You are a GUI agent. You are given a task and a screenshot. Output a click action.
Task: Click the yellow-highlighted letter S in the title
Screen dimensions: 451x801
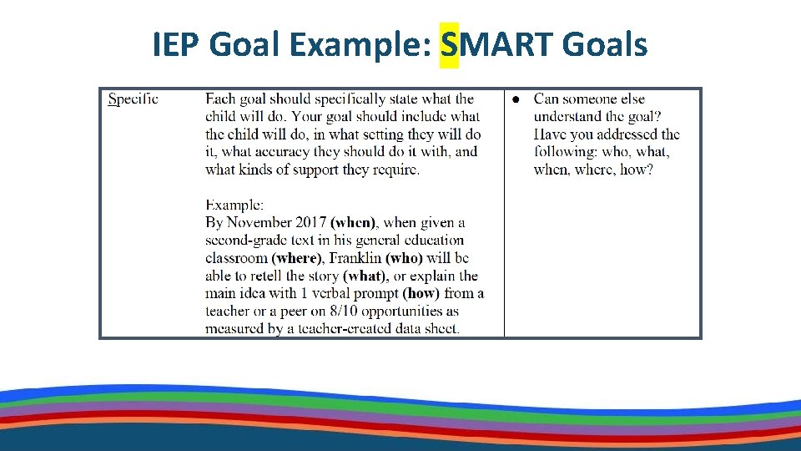tap(450, 45)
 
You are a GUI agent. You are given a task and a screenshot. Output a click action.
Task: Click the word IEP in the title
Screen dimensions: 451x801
tap(176, 45)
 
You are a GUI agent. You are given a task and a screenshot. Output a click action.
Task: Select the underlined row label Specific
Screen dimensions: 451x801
tap(133, 99)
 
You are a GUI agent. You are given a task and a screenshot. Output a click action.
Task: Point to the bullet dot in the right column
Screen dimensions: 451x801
tap(516, 100)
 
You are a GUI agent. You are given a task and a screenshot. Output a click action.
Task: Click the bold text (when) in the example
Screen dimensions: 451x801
tap(354, 223)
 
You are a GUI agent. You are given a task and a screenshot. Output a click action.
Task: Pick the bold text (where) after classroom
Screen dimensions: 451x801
tap(296, 258)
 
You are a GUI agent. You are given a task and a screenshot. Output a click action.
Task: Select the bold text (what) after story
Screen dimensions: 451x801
tap(365, 276)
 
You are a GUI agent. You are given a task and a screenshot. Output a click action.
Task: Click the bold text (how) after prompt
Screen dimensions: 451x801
tap(421, 293)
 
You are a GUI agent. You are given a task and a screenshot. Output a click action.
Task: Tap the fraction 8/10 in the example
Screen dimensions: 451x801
tap(352, 311)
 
